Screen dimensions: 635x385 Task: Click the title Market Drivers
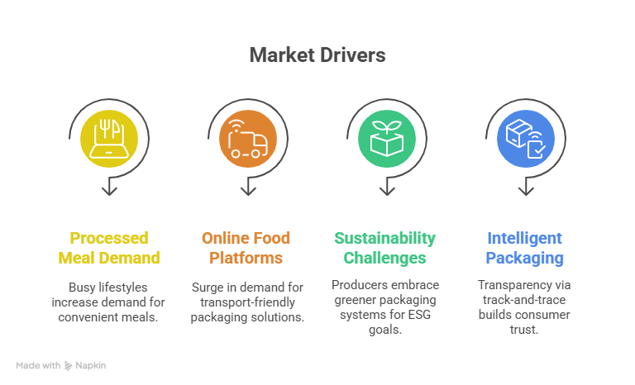317,55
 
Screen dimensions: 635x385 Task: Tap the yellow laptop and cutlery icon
109,139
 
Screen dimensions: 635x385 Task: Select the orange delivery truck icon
248,139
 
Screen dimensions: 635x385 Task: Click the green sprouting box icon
387,139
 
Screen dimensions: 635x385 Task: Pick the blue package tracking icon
526,139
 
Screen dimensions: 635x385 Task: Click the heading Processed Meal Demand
109,248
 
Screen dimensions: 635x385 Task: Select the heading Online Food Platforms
246,248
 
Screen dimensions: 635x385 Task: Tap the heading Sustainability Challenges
384,248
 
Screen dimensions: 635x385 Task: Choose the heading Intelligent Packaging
524,248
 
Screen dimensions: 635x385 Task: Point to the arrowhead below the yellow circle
109,191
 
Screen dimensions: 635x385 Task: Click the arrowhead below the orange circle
248,191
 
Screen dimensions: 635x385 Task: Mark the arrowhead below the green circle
387,191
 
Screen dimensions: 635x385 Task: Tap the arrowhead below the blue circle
526,191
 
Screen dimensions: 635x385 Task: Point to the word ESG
419,315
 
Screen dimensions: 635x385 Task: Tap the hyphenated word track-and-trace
524,300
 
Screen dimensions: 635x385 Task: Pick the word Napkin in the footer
91,365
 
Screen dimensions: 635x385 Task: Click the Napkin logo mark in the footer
68,366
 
